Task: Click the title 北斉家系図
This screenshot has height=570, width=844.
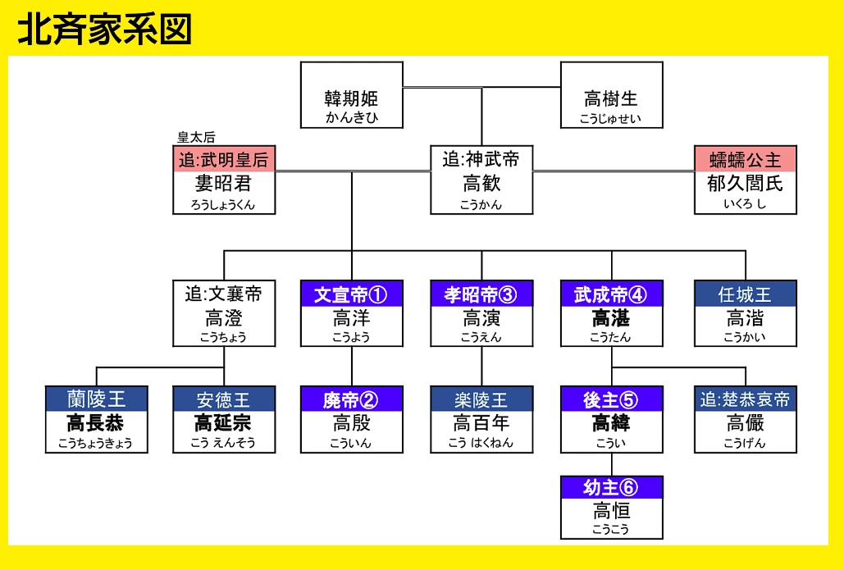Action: (x=104, y=29)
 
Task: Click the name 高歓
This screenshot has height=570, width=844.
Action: (x=481, y=183)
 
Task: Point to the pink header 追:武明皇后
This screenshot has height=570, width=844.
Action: (x=224, y=159)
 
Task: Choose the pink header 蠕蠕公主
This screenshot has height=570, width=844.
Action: (x=745, y=159)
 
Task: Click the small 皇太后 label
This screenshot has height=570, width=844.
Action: (x=196, y=138)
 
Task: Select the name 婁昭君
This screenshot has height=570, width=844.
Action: (x=224, y=183)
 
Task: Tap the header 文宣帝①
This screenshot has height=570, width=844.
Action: (x=351, y=294)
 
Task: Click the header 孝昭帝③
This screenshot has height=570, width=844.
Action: (x=481, y=294)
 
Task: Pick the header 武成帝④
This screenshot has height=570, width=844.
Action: (x=611, y=294)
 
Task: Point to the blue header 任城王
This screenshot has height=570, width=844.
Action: (x=745, y=294)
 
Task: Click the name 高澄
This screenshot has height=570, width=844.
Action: (x=224, y=317)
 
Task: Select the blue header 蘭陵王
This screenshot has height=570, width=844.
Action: (x=96, y=399)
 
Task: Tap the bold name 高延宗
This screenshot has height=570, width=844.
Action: (x=224, y=423)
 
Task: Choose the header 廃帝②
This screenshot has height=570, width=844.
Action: (x=351, y=399)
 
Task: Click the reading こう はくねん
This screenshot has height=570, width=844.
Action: (x=481, y=443)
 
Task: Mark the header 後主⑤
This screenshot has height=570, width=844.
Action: (x=611, y=399)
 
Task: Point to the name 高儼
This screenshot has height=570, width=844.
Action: (x=745, y=423)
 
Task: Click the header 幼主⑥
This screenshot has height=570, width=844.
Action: (x=611, y=487)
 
